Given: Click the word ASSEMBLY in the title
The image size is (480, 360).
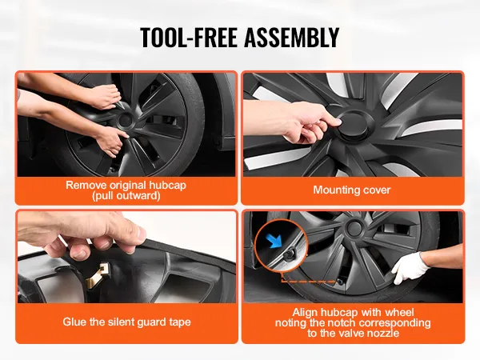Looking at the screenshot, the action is pos(292,37).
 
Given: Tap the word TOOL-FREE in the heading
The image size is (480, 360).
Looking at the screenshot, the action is pos(189,37).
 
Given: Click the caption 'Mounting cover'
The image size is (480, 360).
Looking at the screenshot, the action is pos(352,190).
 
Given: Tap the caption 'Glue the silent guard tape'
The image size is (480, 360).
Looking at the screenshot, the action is pos(126,322).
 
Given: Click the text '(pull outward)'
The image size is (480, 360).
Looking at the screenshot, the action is pos(126,196).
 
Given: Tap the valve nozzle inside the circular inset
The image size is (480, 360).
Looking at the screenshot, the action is pos(288,254).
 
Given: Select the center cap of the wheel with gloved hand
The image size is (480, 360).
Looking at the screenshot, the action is pos(354,227).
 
